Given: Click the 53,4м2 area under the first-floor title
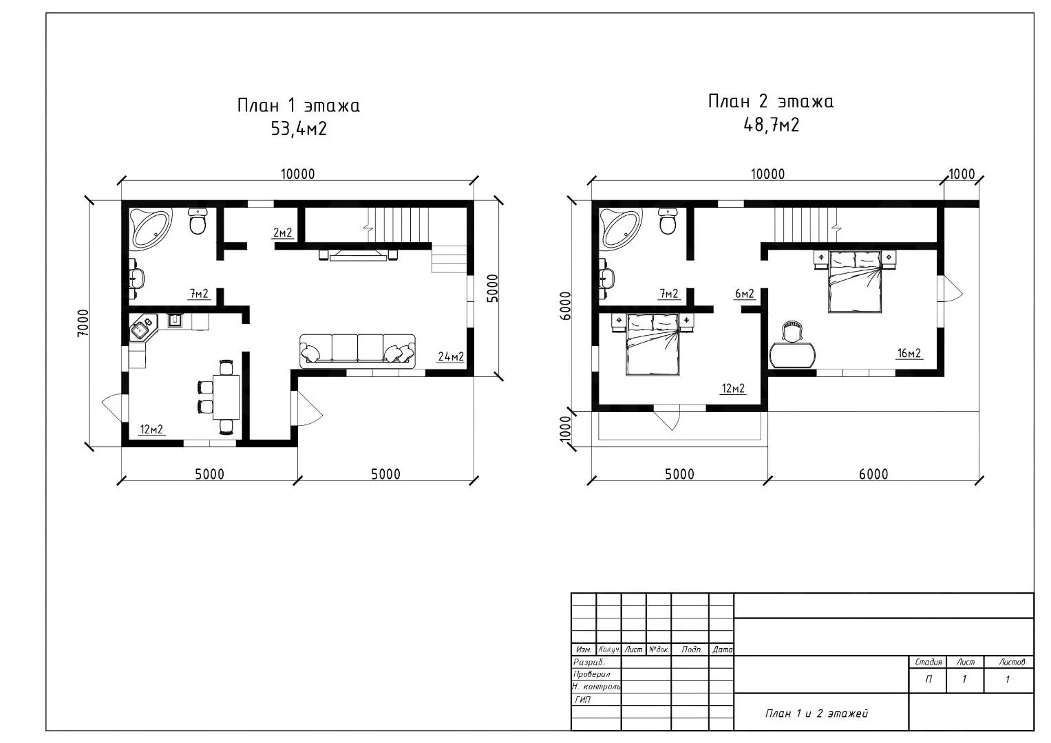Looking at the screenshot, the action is tap(299, 129).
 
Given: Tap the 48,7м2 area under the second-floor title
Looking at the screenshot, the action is tap(772, 125).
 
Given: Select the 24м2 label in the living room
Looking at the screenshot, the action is tap(451, 357).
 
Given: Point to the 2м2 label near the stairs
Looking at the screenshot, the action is tap(282, 233).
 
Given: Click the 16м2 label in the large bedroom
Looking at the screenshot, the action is tap(909, 353).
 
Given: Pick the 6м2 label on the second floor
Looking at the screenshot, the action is tap(745, 294).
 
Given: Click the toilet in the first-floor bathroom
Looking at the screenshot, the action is tap(198, 221).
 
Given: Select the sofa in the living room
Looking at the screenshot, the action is tap(357, 350).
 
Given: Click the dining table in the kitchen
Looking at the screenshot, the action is tap(226, 397).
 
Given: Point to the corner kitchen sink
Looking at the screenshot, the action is tap(142, 330).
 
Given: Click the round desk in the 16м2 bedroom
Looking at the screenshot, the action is tap(792, 355).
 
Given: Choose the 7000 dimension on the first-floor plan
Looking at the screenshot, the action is tap(83, 323).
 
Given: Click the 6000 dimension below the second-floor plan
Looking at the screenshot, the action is tap(873, 474).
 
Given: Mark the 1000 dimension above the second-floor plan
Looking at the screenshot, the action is tap(962, 174).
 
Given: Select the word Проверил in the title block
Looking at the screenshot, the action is tap(592, 674).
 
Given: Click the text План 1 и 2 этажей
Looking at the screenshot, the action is tap(817, 713).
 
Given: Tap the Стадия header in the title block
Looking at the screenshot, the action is tap(928, 662).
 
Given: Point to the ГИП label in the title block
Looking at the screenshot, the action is tap(583, 700).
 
